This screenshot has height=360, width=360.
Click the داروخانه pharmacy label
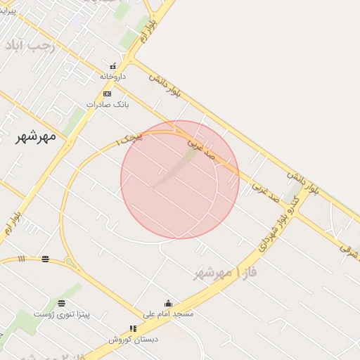(112, 76)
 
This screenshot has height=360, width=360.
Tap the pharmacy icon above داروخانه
(112, 67)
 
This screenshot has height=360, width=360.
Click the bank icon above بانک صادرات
(107, 94)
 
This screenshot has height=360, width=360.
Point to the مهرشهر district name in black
(36, 136)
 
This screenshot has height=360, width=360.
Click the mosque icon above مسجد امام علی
(167, 303)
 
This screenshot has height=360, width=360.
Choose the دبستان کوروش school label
(134, 339)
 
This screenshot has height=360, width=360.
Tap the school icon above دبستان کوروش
(134, 328)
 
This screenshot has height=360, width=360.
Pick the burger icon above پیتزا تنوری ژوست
(63, 304)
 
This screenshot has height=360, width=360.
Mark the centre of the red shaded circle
(180, 180)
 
